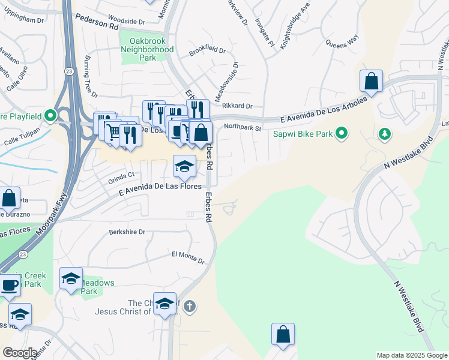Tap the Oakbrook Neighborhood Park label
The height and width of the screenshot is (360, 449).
click(x=147, y=49)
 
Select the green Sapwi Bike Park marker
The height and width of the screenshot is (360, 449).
click(x=342, y=133)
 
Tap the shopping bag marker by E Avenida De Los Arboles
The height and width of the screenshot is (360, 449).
click(x=372, y=82)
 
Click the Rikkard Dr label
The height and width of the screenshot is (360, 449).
click(x=237, y=106)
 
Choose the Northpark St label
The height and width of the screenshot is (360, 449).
click(x=243, y=127)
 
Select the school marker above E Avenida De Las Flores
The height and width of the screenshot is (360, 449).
click(x=184, y=166)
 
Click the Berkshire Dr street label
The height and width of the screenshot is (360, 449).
click(x=128, y=232)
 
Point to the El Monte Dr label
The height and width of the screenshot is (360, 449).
click(x=188, y=257)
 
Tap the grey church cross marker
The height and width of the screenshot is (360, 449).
click(x=190, y=307)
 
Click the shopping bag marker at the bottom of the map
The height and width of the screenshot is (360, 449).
click(x=283, y=334)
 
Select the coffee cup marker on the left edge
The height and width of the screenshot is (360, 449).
click(x=9, y=286)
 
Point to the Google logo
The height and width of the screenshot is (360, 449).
click(x=20, y=353)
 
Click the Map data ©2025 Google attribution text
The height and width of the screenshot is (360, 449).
click(x=411, y=355)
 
